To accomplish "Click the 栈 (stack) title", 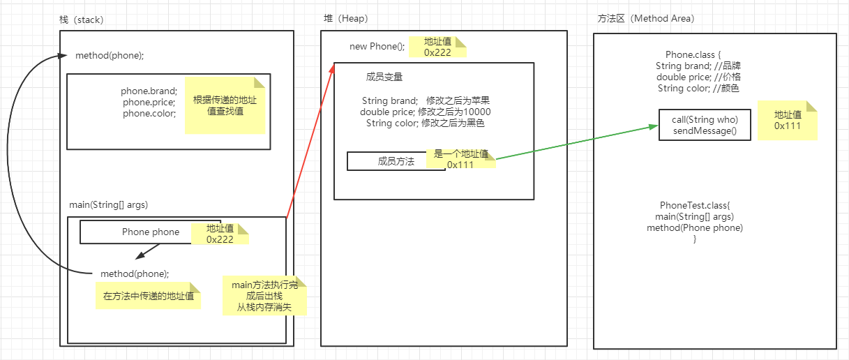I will tap(82, 20).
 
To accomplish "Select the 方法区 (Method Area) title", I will tap(645, 19).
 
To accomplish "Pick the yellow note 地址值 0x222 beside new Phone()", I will tap(437, 47).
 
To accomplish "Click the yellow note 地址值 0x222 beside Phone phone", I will tap(220, 234).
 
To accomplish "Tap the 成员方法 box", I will tap(396, 161).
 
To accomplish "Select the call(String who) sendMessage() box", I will tap(704, 125).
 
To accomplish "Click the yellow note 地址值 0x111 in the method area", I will tap(788, 120).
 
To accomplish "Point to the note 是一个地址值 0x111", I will tap(460, 159).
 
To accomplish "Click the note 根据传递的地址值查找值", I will tap(225, 105).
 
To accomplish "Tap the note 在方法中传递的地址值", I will tap(148, 297).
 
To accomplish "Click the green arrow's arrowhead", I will tap(654, 127).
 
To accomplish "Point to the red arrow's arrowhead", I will tap(331, 68).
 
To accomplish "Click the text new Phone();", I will tap(377, 47).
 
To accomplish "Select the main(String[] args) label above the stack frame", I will tap(108, 205).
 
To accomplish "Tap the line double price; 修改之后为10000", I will tap(425, 112).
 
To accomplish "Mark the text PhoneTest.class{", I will tap(694, 206).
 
